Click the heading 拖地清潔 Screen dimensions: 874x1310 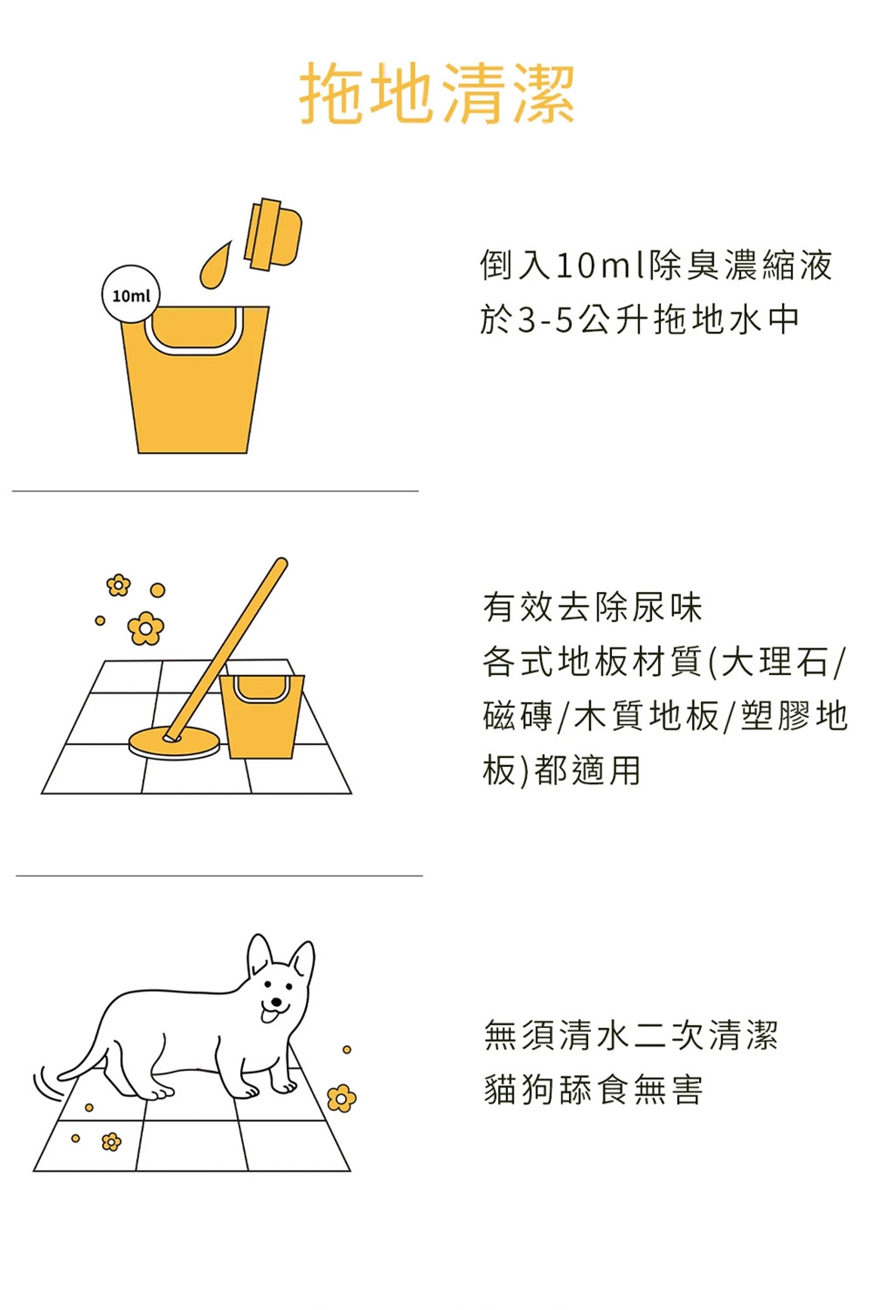point(437,95)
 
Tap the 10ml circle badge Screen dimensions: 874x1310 point(131,294)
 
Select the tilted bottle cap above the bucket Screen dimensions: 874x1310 point(273,233)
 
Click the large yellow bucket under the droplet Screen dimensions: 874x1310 point(195,379)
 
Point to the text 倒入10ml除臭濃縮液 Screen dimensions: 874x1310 point(656,265)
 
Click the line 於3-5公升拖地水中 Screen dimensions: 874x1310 point(639,319)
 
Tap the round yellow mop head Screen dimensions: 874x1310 point(174,742)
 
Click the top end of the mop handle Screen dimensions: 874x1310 point(281,563)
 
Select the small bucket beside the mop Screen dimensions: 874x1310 point(261,716)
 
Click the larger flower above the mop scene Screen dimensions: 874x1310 point(145,628)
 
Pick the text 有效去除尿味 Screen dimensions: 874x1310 point(593,608)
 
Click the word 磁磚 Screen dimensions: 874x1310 point(517,716)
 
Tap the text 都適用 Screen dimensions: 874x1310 point(587,771)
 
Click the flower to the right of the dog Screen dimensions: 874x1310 point(341,1098)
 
